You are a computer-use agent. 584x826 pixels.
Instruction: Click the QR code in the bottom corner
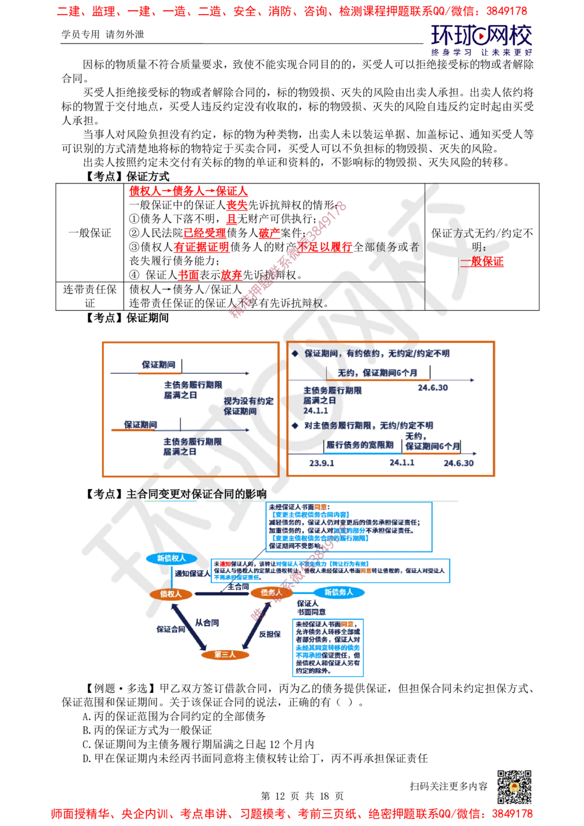tap(513, 787)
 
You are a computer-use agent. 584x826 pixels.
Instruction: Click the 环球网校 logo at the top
tap(481, 40)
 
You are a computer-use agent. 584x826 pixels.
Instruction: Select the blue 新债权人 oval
tap(171, 558)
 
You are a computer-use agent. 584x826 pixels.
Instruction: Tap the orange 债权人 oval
tap(171, 594)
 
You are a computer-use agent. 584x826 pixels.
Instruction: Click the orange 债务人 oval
tap(271, 593)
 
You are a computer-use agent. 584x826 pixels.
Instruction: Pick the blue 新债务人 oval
tap(339, 592)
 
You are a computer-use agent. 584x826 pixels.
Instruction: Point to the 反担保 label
tap(270, 634)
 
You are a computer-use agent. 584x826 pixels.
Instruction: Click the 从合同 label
tap(207, 623)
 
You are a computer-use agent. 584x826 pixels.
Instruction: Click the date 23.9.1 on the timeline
tap(322, 463)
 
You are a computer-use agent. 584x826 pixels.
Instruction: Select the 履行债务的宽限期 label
tap(360, 445)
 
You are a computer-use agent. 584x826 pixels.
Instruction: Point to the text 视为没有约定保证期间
tap(248, 406)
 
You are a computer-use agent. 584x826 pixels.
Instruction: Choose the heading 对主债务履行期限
tap(368, 425)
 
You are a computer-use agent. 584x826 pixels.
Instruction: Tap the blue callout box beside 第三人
tap(327, 647)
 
